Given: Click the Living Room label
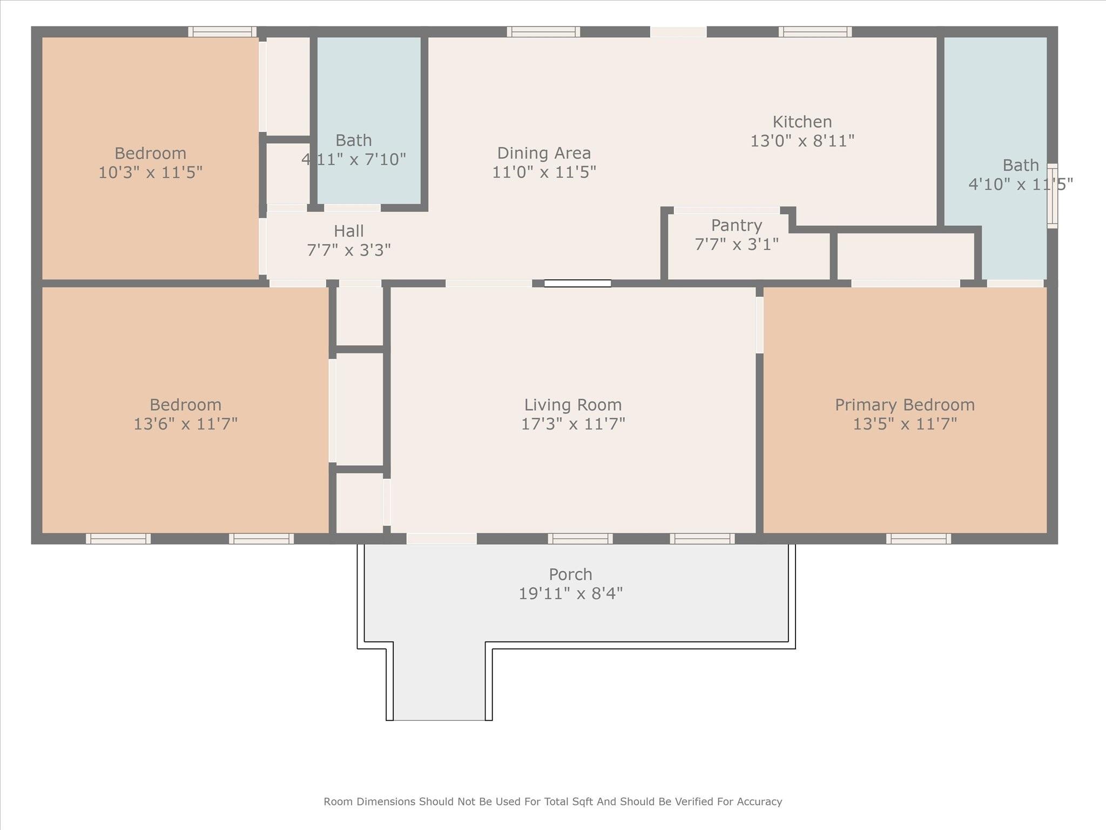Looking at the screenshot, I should click(x=572, y=405).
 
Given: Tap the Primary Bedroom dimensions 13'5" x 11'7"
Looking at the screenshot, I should click(x=905, y=424).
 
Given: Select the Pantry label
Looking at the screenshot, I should click(x=736, y=225).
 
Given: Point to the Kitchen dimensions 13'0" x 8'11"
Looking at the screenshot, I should click(x=802, y=141).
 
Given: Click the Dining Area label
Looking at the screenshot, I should click(x=544, y=153).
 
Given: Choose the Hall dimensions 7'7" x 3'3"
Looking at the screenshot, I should click(x=348, y=250).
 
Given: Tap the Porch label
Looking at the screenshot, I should click(x=570, y=574).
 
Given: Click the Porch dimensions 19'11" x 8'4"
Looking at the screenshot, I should click(x=570, y=594).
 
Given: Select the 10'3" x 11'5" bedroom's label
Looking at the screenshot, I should click(x=150, y=153).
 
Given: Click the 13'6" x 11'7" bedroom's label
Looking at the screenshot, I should click(x=185, y=405).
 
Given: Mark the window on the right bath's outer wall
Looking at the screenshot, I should click(x=1052, y=196).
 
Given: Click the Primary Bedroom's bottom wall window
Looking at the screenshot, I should click(x=918, y=538).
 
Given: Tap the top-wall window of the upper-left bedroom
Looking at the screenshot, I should click(x=222, y=31).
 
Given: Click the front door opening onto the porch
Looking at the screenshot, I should click(x=441, y=538).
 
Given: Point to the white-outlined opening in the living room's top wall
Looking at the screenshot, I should click(x=577, y=283).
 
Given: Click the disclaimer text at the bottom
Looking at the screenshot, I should click(x=552, y=801).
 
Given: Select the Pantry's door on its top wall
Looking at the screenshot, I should click(x=726, y=210).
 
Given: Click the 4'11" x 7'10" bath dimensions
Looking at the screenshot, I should click(x=354, y=160).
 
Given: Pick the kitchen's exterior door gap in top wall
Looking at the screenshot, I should click(x=678, y=32).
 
